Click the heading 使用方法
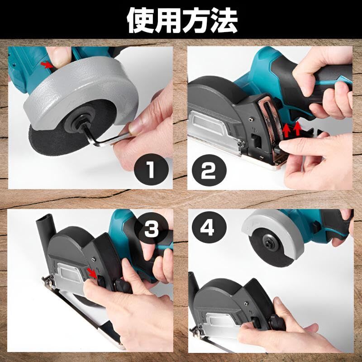(x=182, y=20)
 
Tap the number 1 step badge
(x=151, y=169)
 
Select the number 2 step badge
(x=209, y=171)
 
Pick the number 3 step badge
(x=151, y=228)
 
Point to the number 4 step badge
(x=209, y=227)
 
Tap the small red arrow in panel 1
(x=46, y=65)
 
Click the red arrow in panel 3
(x=92, y=273)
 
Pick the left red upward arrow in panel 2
(x=286, y=131)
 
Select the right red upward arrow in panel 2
(x=297, y=129)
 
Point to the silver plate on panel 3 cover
(x=70, y=275)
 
